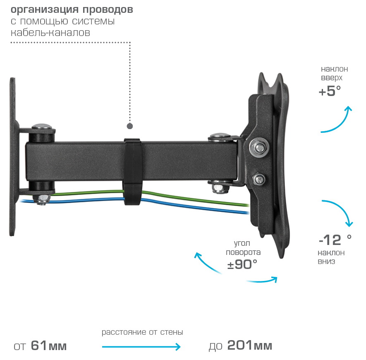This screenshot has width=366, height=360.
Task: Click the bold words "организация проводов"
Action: tap(72, 10)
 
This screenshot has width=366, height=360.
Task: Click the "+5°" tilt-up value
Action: tap(330, 91)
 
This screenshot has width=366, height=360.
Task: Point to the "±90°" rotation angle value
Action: tap(242, 264)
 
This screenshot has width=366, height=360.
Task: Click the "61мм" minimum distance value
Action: tap(49, 346)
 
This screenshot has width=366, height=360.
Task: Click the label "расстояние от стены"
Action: tap(142, 332)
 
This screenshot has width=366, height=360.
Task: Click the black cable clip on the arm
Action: tap(132, 170)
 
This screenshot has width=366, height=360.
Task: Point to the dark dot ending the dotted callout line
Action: tap(130, 125)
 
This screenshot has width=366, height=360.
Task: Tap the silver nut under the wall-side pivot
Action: tap(42, 199)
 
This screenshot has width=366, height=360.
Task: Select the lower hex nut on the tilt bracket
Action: tap(260, 179)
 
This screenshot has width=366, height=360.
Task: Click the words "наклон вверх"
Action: tap(334, 74)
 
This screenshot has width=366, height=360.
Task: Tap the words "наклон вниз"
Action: tap(331, 257)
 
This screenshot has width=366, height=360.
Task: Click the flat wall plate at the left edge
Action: tap(14, 157)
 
